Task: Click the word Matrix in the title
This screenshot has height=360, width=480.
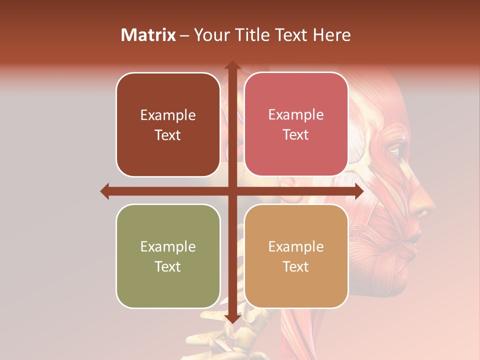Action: [148, 35]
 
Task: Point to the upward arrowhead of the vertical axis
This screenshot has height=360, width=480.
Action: [232, 65]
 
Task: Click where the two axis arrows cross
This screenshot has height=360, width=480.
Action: [232, 191]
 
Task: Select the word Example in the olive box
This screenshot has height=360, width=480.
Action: [168, 246]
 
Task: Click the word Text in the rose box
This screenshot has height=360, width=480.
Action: [296, 135]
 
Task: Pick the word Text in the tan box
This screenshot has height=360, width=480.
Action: [296, 266]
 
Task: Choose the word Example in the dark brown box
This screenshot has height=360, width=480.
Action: [168, 115]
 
